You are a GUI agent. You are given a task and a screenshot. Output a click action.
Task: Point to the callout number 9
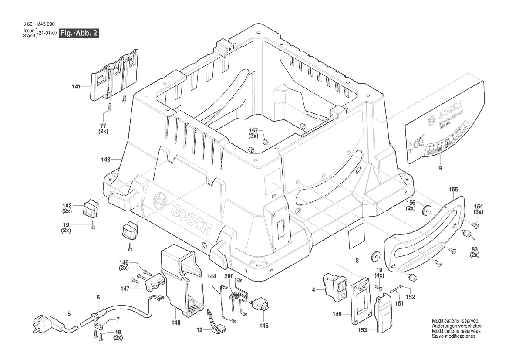[x=440, y=168]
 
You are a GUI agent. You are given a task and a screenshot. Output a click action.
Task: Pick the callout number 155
[x=453, y=190]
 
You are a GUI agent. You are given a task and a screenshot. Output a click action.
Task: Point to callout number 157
[x=253, y=131]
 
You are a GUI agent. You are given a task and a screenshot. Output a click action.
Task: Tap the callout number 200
[x=229, y=277]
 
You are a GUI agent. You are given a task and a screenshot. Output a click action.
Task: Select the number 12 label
[x=199, y=330]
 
